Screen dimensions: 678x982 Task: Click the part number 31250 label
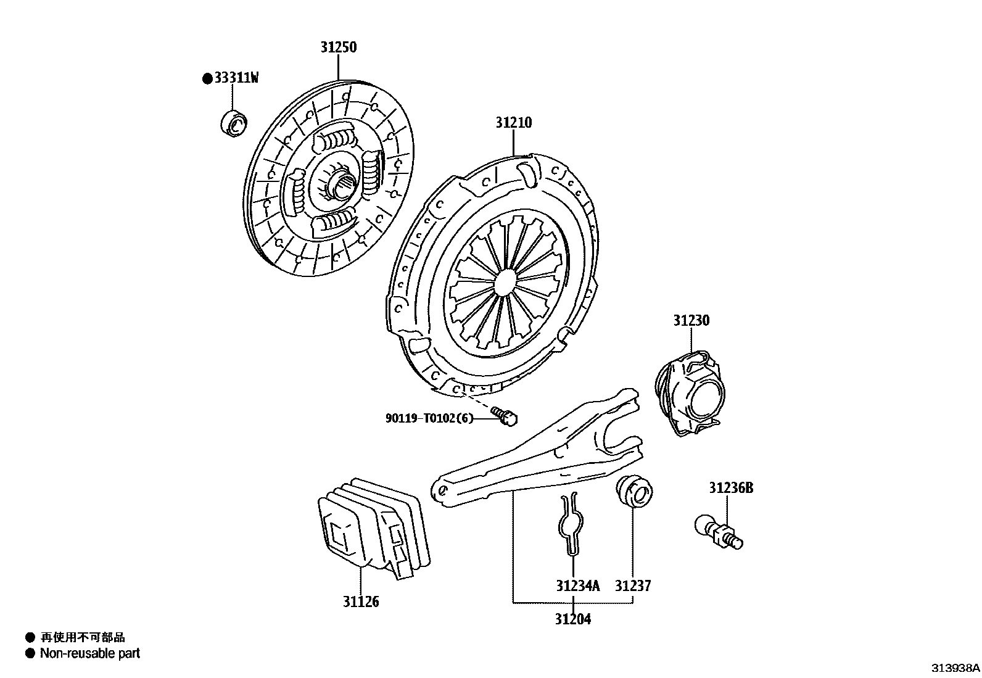point(338,48)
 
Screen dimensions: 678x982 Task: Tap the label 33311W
point(236,78)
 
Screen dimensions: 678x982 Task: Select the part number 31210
point(513,123)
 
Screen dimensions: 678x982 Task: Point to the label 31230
point(691,321)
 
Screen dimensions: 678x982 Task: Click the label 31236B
point(730,488)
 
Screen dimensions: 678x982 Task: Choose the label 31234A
point(577,585)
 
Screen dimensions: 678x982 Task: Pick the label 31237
point(632,585)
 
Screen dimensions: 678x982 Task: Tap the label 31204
point(572,619)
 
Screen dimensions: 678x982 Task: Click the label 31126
point(361,602)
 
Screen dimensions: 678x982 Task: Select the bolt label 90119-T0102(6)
point(429,418)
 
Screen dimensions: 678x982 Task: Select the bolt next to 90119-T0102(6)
point(505,416)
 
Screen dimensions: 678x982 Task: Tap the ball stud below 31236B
point(719,532)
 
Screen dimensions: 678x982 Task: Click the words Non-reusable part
point(90,653)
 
